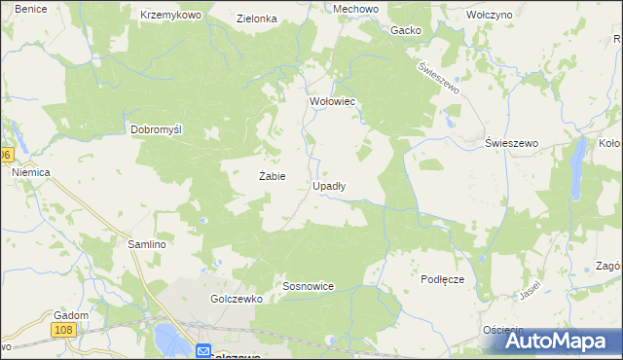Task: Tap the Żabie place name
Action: tap(272, 177)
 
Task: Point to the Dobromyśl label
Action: tap(157, 129)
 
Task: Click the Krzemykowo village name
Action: tap(170, 16)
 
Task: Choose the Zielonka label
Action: tap(257, 18)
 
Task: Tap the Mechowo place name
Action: tap(328, 9)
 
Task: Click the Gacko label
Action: tap(406, 30)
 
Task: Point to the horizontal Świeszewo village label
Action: tap(512, 143)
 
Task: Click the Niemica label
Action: tap(30, 171)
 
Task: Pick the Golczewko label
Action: tap(237, 300)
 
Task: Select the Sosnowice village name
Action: tap(309, 287)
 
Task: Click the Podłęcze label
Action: tap(442, 279)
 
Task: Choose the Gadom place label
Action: tap(72, 315)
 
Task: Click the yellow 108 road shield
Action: tap(65, 331)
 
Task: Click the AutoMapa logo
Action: tap(551, 341)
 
